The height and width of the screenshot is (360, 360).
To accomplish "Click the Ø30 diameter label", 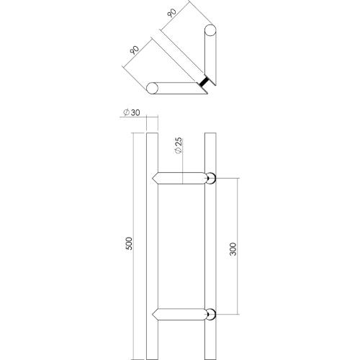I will tap(131, 112).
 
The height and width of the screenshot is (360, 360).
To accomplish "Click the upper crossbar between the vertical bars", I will tap(180, 178).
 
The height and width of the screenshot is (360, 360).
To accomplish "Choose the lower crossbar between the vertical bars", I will tap(180, 314).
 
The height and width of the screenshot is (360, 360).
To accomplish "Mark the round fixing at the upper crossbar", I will tap(210, 178).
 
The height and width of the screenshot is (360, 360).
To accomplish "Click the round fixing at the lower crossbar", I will tap(210, 314).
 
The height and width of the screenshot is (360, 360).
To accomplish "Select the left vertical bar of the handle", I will tap(151, 245).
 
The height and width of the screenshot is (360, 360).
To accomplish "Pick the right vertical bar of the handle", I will tap(210, 245).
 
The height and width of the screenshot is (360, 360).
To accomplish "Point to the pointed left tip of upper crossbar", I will tap(153, 178).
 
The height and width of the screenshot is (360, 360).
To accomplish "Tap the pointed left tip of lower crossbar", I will tap(153, 314).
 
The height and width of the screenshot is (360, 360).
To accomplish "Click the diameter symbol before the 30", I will tap(126, 112).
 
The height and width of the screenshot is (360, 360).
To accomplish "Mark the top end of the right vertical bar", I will tap(210, 135).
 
